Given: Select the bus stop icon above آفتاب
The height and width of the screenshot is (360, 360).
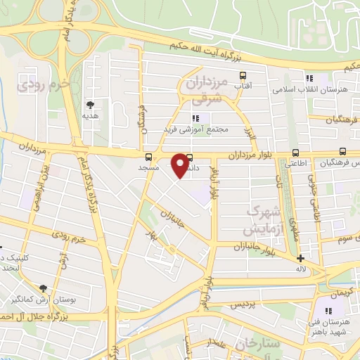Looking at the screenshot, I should click(x=243, y=75).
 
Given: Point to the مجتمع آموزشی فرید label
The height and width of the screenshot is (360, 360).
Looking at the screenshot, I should click(x=193, y=130).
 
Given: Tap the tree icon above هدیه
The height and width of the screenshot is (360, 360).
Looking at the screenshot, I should click(x=89, y=103).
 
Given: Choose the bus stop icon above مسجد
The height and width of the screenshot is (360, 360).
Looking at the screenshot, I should click(x=148, y=157).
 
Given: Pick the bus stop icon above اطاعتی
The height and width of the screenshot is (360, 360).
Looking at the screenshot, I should click(x=295, y=153).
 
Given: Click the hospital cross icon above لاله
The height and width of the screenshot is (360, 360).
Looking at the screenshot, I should click(x=300, y=258).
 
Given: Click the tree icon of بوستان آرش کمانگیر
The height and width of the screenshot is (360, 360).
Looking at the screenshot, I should click(x=44, y=288).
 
